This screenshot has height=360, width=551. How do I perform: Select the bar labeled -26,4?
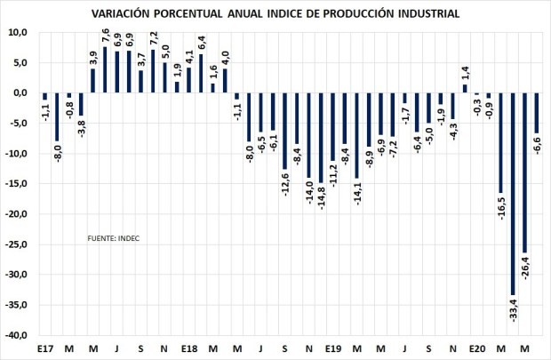[524, 172]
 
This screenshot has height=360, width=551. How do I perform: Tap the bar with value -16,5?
[500, 142]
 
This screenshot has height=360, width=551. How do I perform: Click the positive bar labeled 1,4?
[465, 88]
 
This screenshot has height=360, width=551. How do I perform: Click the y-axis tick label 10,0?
[19, 32]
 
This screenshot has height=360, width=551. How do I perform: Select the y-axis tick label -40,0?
[17, 335]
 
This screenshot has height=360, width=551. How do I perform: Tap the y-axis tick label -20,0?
[17, 214]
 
